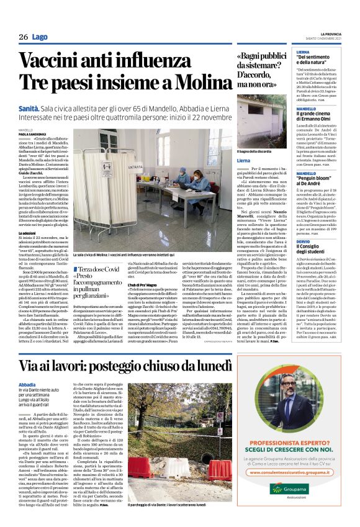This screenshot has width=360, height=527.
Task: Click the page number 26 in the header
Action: [23, 37]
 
